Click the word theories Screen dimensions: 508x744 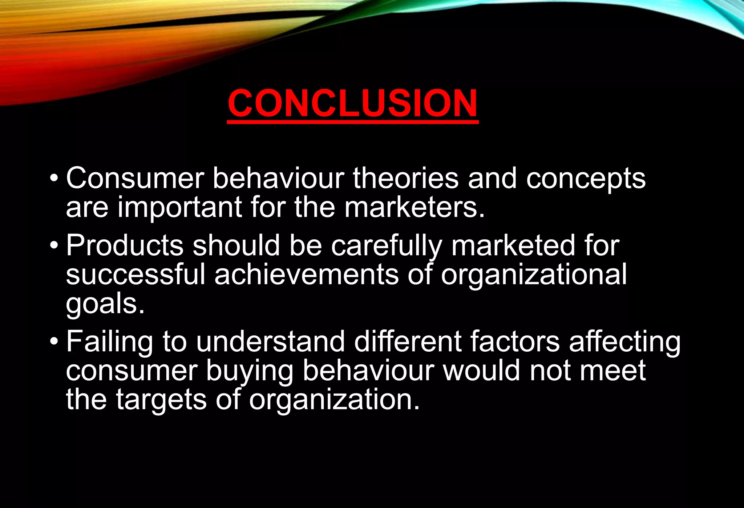[x=405, y=178]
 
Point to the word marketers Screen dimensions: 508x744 [x=414, y=207]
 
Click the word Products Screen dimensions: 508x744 [x=125, y=245]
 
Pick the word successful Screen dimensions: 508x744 [x=136, y=275]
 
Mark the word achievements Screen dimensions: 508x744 [x=306, y=275]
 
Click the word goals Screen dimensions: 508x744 [x=105, y=304]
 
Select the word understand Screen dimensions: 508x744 [x=270, y=342]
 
